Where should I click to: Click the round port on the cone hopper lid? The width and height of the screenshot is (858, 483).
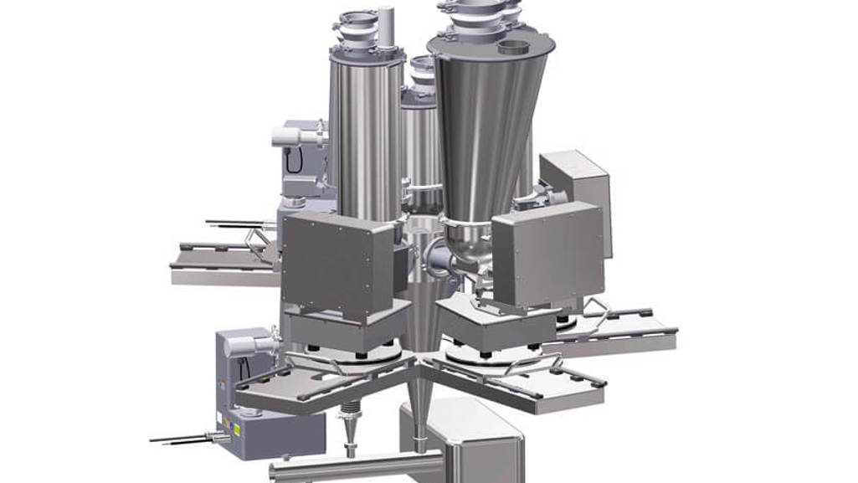515,47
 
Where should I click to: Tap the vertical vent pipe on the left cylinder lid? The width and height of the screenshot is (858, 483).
385,28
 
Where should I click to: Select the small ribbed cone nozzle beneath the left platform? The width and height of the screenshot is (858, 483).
351,431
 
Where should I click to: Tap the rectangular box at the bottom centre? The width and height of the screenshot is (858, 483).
469,444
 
